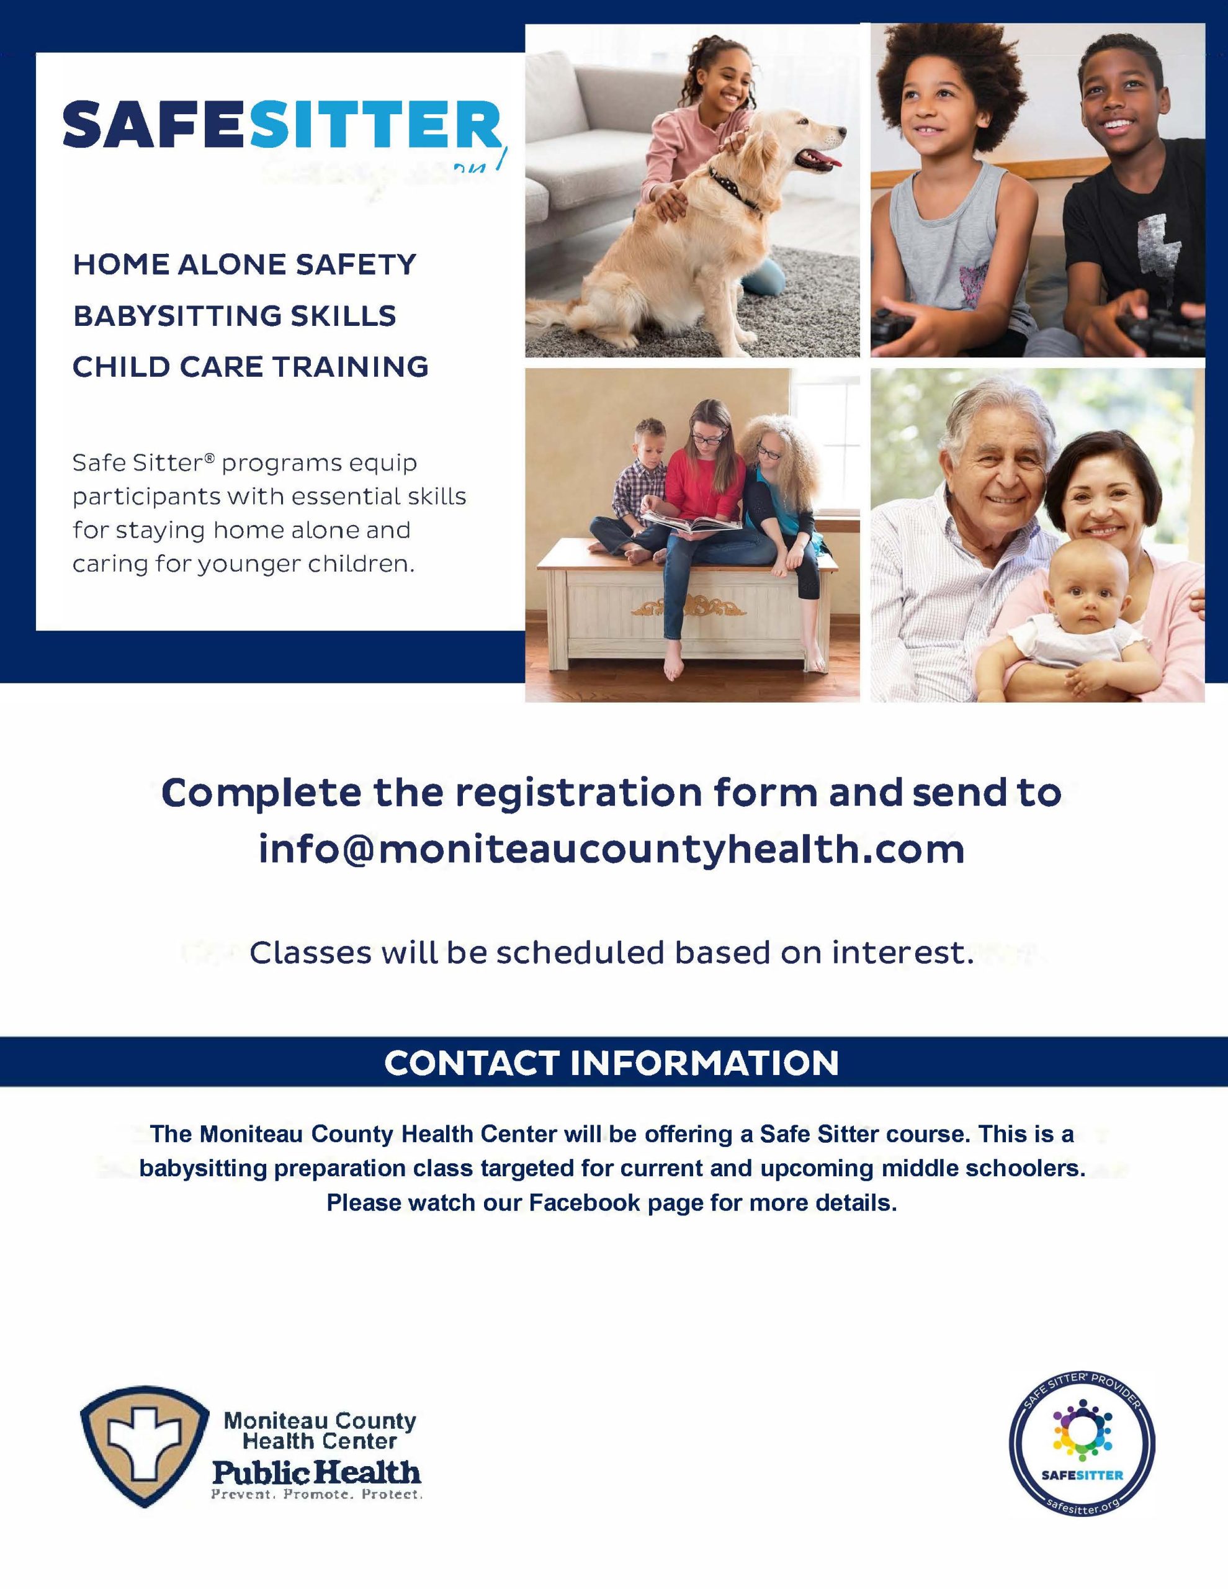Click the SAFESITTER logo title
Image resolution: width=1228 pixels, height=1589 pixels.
click(x=282, y=125)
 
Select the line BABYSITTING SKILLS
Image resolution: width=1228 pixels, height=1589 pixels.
click(x=235, y=316)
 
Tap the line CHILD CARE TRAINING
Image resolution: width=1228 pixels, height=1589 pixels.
click(x=250, y=367)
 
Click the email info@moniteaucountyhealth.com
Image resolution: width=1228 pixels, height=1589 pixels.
click(x=612, y=849)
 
